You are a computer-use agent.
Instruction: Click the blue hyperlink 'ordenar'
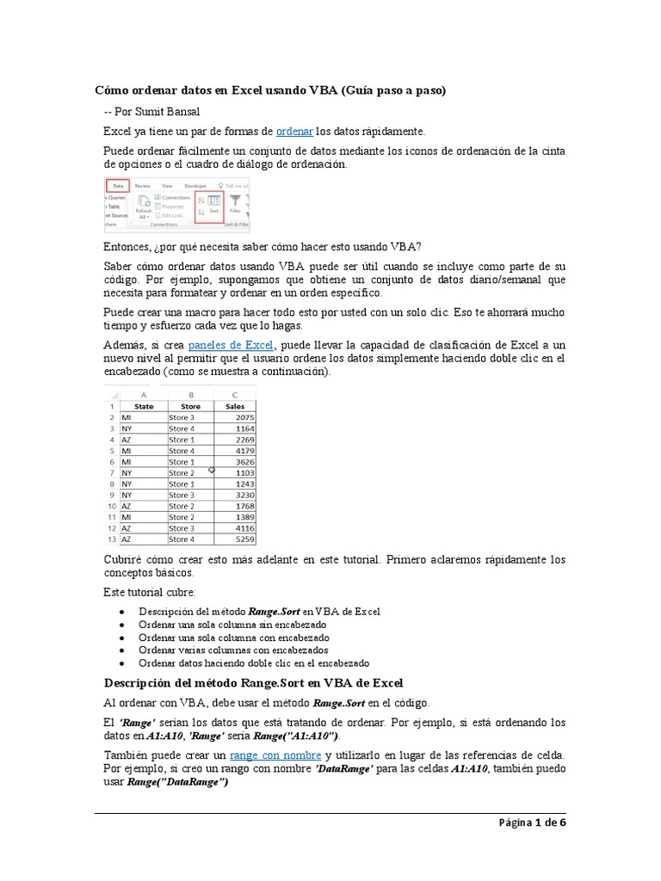[x=294, y=131]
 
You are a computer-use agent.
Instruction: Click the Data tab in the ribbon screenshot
[x=118, y=185]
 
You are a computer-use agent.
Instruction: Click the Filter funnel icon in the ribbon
[x=235, y=201]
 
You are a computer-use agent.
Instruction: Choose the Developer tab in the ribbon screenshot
[x=195, y=185]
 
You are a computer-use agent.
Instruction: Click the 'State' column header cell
[x=144, y=406]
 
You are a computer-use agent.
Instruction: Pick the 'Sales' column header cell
[x=233, y=406]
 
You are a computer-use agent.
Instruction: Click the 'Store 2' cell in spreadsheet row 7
[x=182, y=473]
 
